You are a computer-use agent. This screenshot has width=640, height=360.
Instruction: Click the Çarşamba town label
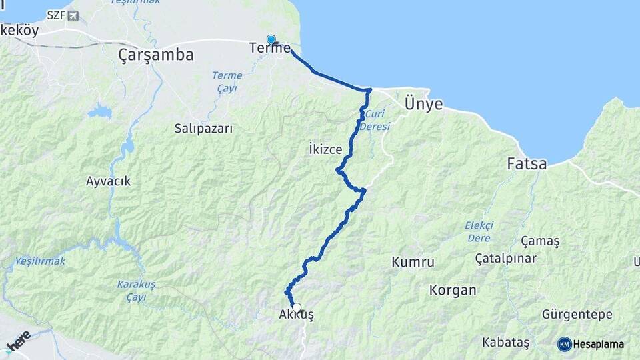(x=155, y=55)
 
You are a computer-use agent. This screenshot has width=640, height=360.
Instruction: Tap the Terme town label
(x=269, y=48)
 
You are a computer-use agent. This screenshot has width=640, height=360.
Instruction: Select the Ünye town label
(x=423, y=104)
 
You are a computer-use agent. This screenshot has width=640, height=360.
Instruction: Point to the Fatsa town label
(x=527, y=163)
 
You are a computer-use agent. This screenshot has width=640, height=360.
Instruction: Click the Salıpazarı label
(x=203, y=128)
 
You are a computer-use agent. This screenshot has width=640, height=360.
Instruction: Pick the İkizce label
(x=326, y=147)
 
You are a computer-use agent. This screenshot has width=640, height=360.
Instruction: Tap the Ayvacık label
(x=108, y=181)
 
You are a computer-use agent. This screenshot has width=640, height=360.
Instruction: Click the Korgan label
(x=453, y=290)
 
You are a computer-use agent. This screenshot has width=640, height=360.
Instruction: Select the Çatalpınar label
(x=505, y=257)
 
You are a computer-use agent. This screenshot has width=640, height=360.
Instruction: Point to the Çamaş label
(x=540, y=240)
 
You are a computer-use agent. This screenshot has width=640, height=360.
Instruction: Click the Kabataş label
(x=506, y=343)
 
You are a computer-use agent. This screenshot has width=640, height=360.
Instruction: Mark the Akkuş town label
(x=295, y=316)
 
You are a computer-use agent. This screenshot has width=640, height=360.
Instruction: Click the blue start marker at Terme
(x=271, y=40)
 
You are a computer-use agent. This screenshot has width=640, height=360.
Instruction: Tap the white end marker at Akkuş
(x=297, y=308)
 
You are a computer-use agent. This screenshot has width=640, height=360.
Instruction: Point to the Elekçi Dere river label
(x=479, y=232)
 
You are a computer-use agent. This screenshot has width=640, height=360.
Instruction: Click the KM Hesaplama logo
(x=591, y=344)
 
